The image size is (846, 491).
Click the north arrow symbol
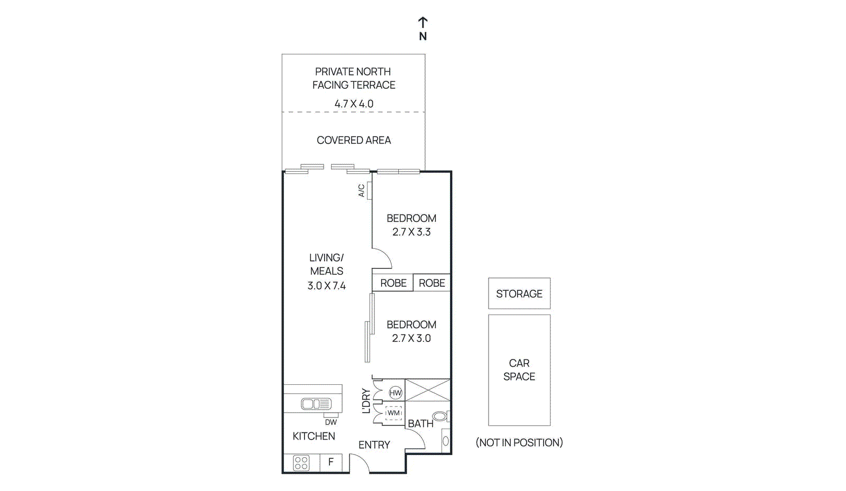(x=422, y=23)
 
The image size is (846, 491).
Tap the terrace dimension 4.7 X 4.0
(x=354, y=104)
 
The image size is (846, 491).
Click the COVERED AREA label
(x=354, y=140)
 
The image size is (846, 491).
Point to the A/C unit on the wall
(x=369, y=191)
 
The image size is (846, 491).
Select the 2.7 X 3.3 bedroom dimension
(x=411, y=232)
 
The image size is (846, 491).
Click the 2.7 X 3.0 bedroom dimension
(x=411, y=338)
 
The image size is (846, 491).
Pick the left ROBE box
(x=393, y=283)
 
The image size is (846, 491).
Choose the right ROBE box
(x=431, y=283)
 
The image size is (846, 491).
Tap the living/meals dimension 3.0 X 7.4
(x=326, y=286)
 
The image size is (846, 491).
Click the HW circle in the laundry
(x=396, y=393)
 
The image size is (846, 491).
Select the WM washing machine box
(x=393, y=413)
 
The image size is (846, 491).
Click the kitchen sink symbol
(x=316, y=404)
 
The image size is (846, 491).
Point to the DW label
(x=330, y=422)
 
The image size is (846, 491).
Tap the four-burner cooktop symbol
(x=301, y=463)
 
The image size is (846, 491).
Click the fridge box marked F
(x=331, y=462)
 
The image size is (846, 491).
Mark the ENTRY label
(x=374, y=445)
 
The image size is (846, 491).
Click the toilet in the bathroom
(x=440, y=416)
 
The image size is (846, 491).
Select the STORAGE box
(x=519, y=293)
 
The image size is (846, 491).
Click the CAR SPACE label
(x=519, y=370)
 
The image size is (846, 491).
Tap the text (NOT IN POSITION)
(x=519, y=442)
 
